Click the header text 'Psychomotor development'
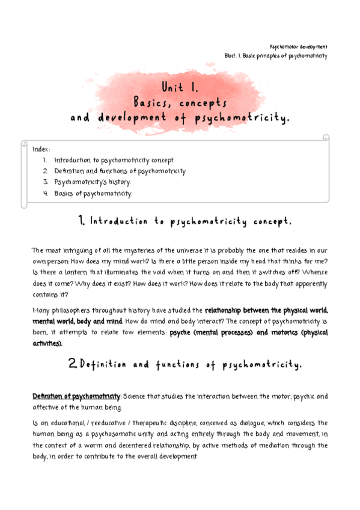(x=298, y=46)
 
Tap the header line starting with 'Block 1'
(x=275, y=56)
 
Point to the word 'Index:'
(x=41, y=149)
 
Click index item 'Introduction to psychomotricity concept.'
(x=115, y=161)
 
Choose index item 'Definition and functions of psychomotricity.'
(x=120, y=171)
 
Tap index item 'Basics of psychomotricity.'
(x=93, y=193)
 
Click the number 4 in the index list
(x=46, y=193)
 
